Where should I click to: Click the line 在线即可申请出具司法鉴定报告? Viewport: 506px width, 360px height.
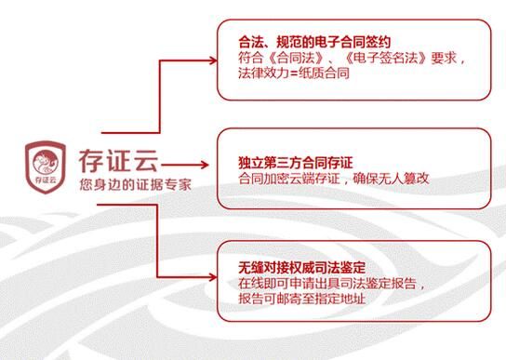pos(335,284)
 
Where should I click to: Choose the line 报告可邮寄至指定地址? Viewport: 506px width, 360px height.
pos(306,299)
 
